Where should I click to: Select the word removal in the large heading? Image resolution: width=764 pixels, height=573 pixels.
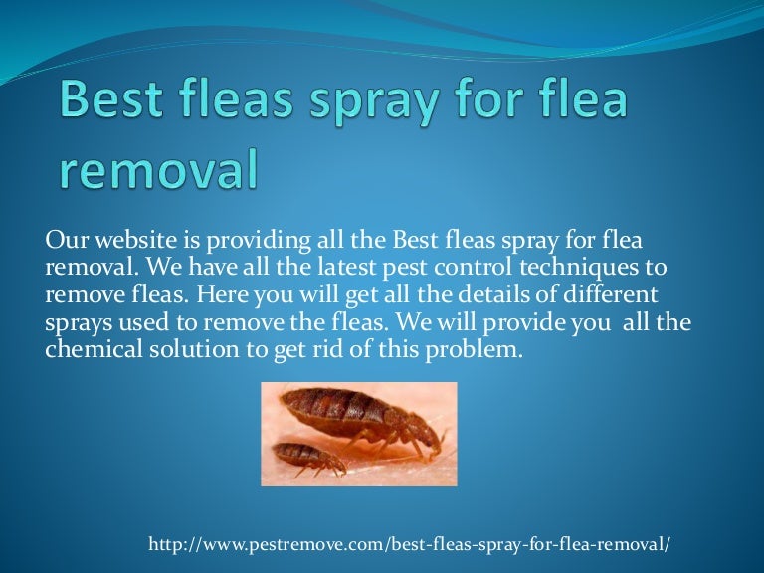click(x=156, y=168)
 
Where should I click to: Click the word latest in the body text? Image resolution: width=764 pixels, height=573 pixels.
click(x=319, y=269)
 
